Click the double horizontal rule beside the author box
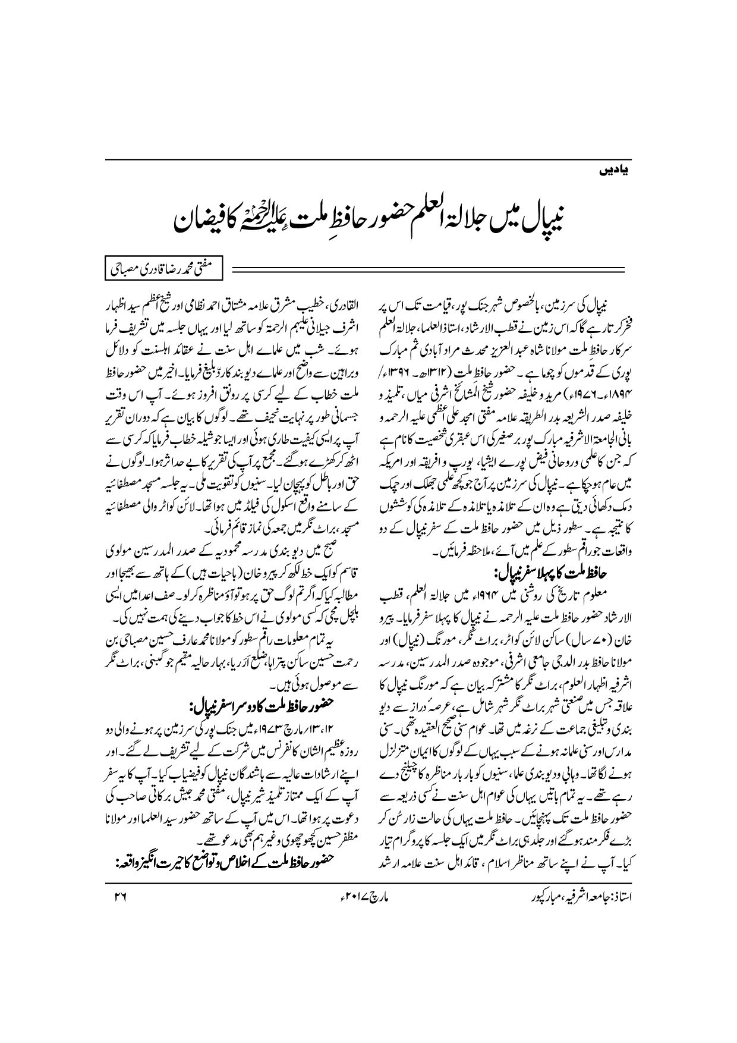click(428, 271)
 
